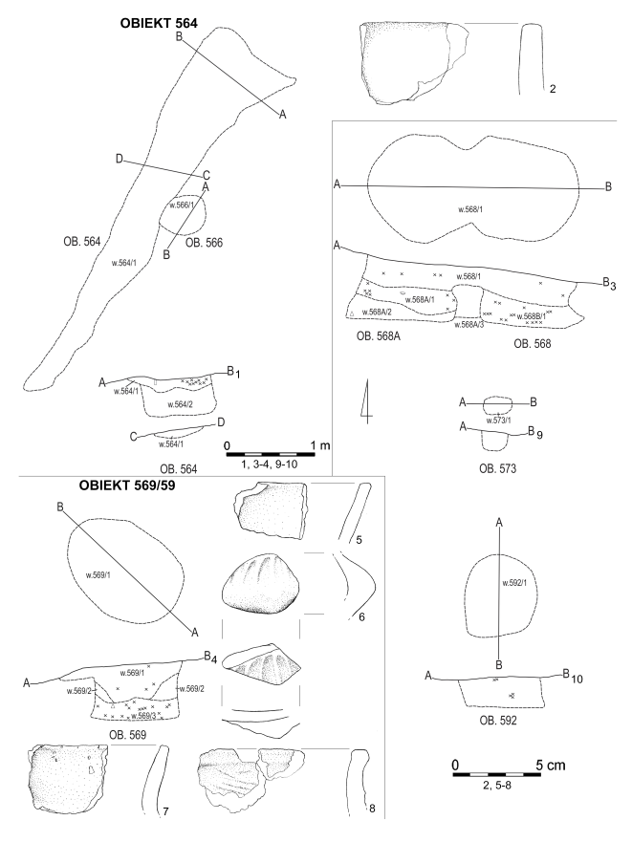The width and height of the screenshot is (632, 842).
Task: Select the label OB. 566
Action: click(204, 243)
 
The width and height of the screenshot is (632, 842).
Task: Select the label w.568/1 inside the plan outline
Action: click(472, 208)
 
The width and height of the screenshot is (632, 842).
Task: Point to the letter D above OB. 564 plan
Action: click(120, 159)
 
